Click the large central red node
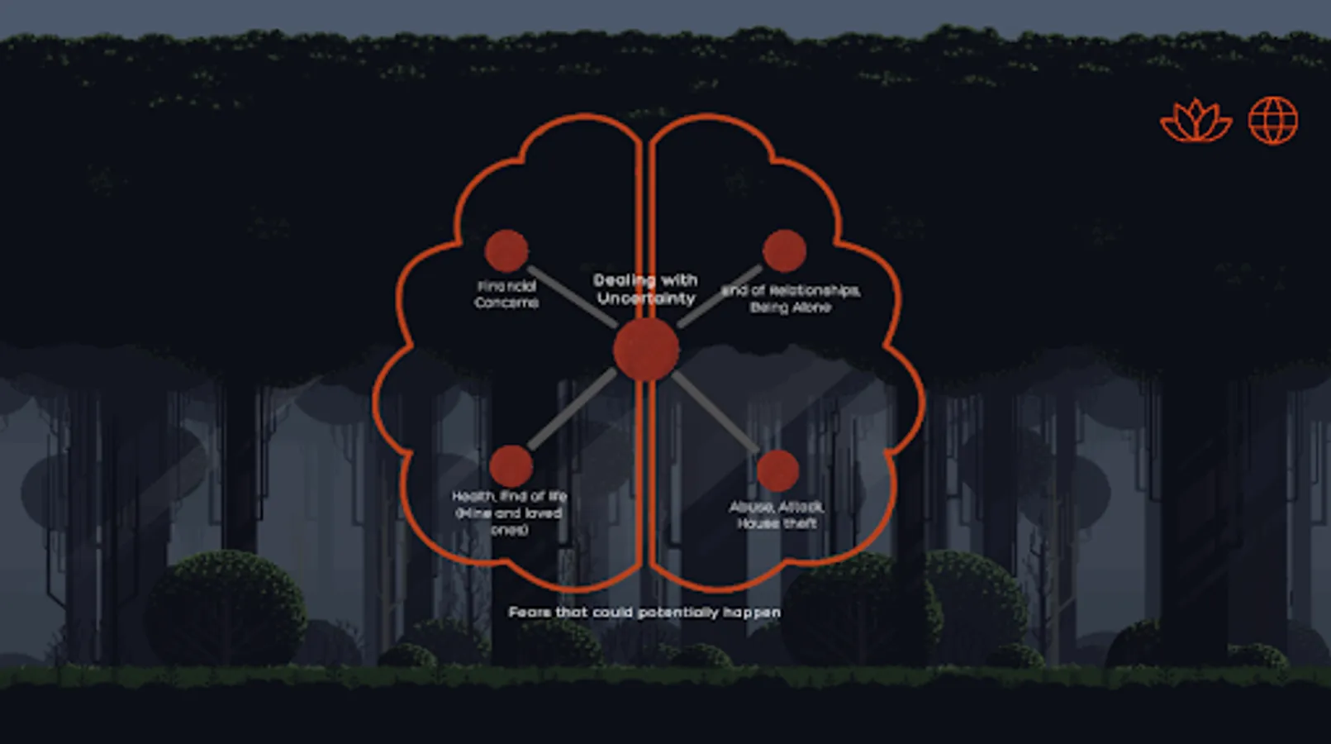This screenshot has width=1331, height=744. click(646, 350)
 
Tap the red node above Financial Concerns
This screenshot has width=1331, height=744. click(506, 251)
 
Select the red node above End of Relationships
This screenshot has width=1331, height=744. click(784, 250)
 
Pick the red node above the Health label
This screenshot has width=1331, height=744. click(511, 466)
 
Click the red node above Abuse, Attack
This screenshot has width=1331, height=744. click(777, 470)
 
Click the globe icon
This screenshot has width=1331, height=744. click(1273, 121)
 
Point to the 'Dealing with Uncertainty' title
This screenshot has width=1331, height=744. click(646, 289)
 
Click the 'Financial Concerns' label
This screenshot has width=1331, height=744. click(506, 294)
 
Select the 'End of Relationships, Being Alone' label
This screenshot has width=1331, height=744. click(791, 298)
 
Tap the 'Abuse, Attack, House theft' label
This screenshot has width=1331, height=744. click(777, 515)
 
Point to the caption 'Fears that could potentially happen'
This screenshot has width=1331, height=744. click(644, 613)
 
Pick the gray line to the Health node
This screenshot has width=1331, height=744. click(573, 409)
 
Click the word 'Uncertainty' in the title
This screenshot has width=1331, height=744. click(646, 298)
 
